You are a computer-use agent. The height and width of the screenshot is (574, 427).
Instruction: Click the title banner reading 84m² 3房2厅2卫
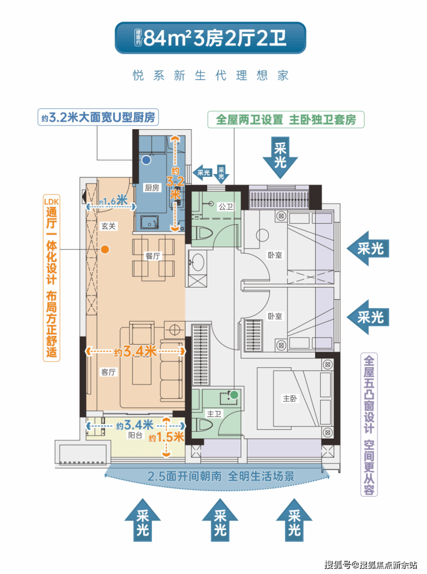click(x=211, y=38)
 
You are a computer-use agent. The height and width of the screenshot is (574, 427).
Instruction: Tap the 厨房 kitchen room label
click(x=152, y=188)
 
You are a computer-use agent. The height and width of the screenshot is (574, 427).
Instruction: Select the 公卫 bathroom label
click(x=226, y=207)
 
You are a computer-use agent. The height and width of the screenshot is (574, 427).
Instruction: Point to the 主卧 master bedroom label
click(x=290, y=398)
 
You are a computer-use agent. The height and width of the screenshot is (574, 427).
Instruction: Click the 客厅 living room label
click(x=108, y=372)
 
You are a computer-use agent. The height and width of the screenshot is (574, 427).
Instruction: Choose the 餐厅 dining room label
click(x=153, y=256)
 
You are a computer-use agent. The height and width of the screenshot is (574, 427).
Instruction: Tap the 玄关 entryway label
click(x=108, y=226)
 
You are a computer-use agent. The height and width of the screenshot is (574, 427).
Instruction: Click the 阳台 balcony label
click(x=135, y=435)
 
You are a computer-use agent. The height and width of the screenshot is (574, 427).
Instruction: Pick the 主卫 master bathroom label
click(x=214, y=414)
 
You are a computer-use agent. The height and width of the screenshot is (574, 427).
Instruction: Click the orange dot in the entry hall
click(x=105, y=250)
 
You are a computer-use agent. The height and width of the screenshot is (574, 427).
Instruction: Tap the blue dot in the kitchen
click(x=147, y=160)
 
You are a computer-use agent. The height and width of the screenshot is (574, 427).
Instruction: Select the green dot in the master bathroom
click(x=234, y=395)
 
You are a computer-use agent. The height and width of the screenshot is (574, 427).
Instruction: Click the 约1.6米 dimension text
click(x=113, y=201)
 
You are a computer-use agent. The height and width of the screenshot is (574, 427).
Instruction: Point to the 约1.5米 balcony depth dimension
click(x=166, y=437)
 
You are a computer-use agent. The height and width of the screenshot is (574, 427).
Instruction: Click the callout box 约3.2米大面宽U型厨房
click(x=98, y=117)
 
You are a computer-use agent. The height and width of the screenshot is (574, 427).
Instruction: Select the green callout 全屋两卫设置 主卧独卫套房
click(x=286, y=119)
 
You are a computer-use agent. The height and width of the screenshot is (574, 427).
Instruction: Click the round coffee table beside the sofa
click(x=174, y=330)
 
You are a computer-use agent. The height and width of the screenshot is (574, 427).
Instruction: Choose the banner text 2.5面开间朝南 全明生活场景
click(x=220, y=476)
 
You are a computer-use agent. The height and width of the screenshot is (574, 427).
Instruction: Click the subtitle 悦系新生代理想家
click(x=211, y=75)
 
